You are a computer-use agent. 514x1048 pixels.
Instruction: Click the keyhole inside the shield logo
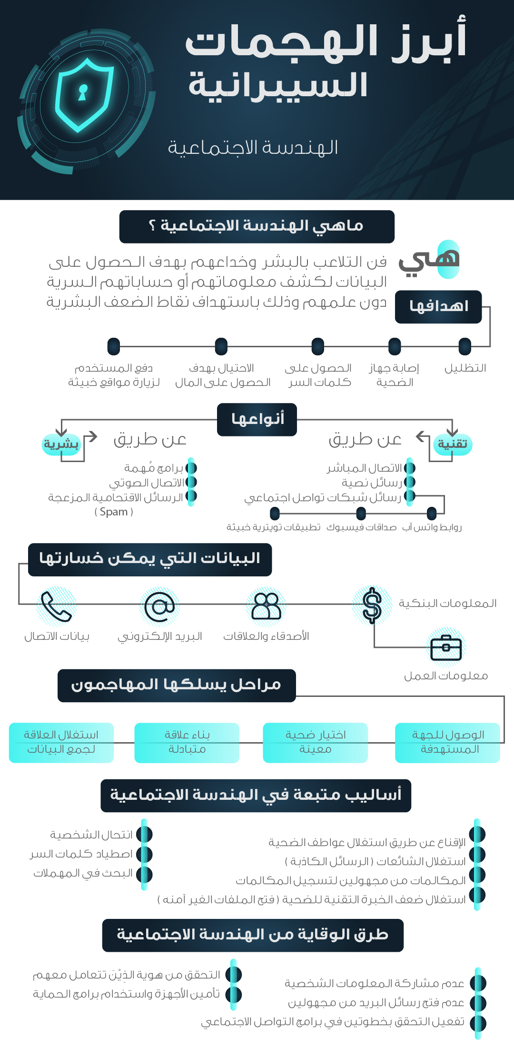(x=83, y=92)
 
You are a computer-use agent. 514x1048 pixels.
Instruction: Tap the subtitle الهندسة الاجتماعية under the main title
(x=253, y=148)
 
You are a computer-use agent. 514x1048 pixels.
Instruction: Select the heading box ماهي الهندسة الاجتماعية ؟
(x=257, y=226)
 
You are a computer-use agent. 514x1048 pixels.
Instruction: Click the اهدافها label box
(x=438, y=306)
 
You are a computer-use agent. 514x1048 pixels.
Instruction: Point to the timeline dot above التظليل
(x=465, y=346)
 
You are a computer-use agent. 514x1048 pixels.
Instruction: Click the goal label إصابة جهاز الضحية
(x=394, y=375)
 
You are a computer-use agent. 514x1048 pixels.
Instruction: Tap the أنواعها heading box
(x=257, y=419)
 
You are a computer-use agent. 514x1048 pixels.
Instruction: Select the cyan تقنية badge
(x=453, y=444)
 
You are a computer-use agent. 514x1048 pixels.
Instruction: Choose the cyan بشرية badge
(x=61, y=444)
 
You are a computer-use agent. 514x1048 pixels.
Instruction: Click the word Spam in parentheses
(x=114, y=512)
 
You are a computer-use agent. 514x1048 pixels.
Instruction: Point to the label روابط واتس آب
(x=432, y=527)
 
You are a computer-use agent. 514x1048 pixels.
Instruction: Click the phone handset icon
(x=56, y=606)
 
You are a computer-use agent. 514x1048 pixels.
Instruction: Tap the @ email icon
(x=160, y=606)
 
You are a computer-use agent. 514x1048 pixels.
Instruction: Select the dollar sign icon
(x=372, y=605)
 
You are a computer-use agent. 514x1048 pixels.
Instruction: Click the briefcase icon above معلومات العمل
(x=446, y=647)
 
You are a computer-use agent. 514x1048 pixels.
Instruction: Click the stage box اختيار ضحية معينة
(x=316, y=742)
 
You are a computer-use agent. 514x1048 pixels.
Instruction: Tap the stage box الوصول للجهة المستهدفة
(x=448, y=742)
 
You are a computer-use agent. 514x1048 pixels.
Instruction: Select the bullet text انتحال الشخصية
(x=91, y=835)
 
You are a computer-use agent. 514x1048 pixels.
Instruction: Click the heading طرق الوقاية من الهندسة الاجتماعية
(x=253, y=935)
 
